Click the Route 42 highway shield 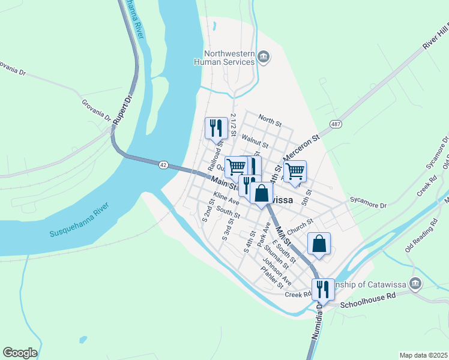pyautogui.click(x=163, y=164)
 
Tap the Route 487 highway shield pyautogui.click(x=336, y=124)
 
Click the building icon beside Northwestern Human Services pyautogui.click(x=263, y=57)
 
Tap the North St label pyautogui.click(x=270, y=120)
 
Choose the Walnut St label pyautogui.click(x=254, y=140)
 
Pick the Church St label pyautogui.click(x=300, y=225)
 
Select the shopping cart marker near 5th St pyautogui.click(x=295, y=171)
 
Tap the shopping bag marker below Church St pyautogui.click(x=319, y=244)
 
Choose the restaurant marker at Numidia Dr pyautogui.click(x=323, y=289)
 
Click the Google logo pyautogui.click(x=20, y=353)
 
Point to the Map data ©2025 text pyautogui.click(x=423, y=355)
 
